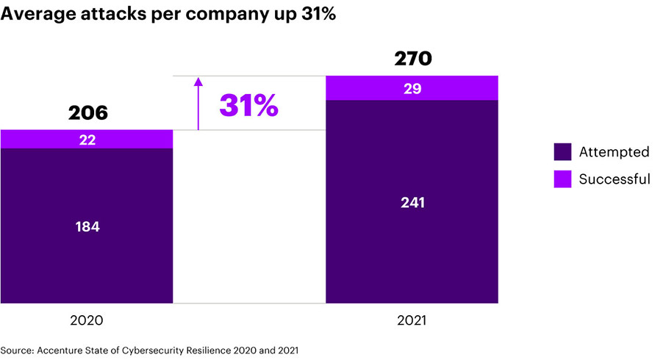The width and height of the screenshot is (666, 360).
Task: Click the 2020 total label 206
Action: [x=87, y=113]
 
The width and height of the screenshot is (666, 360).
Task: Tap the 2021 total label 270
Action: [x=412, y=59]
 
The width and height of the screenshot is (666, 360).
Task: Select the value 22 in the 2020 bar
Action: [x=87, y=140]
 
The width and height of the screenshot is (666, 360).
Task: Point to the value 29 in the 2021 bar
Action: [x=412, y=88]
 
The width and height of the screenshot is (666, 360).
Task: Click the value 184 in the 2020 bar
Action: [x=87, y=226]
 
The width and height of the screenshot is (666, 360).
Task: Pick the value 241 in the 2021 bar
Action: [x=412, y=202]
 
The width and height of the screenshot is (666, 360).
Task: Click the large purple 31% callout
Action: [x=248, y=106]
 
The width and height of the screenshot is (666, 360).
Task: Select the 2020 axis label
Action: [x=87, y=320]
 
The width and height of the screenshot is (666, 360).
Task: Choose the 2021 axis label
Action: [x=412, y=320]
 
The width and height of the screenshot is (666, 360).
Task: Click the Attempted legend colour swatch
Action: [x=562, y=152]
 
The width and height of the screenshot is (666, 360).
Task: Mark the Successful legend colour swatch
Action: [x=562, y=179]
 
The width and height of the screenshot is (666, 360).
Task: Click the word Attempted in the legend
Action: [x=614, y=152]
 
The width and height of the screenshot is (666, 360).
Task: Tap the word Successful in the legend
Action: [x=615, y=179]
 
